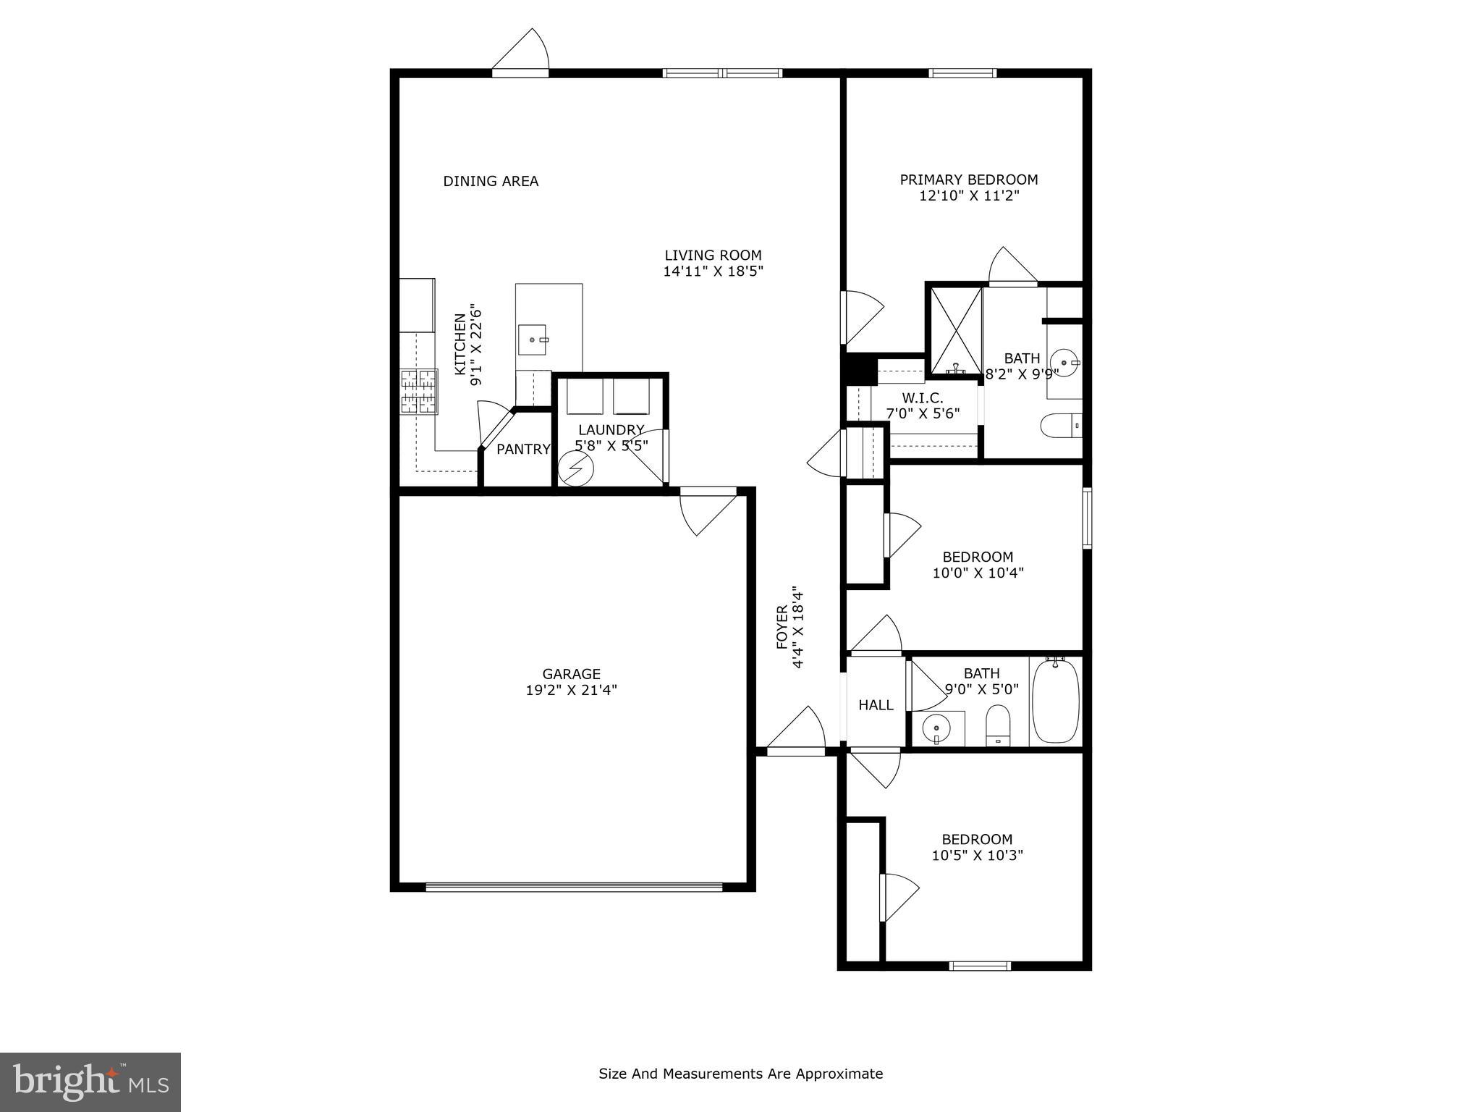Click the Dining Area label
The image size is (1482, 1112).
(x=491, y=181)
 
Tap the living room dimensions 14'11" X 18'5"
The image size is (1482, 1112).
(x=713, y=271)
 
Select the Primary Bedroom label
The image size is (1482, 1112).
(x=968, y=180)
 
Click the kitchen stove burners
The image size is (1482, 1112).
(x=419, y=392)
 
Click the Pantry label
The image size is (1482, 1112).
(x=523, y=449)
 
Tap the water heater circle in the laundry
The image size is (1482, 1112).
(x=576, y=469)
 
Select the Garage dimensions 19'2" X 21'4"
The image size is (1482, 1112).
(x=571, y=690)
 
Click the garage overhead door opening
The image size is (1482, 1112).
(x=574, y=886)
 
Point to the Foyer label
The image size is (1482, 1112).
(x=782, y=627)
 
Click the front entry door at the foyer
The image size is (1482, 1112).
(x=795, y=751)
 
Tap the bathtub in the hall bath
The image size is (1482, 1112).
(x=1056, y=701)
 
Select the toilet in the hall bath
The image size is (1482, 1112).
(x=998, y=724)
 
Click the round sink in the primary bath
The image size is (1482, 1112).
(x=1064, y=360)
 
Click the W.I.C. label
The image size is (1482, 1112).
(x=922, y=398)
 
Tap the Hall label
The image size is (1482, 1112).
(x=876, y=704)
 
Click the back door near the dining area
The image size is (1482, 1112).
(x=520, y=72)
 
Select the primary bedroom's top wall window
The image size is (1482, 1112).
(x=962, y=72)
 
